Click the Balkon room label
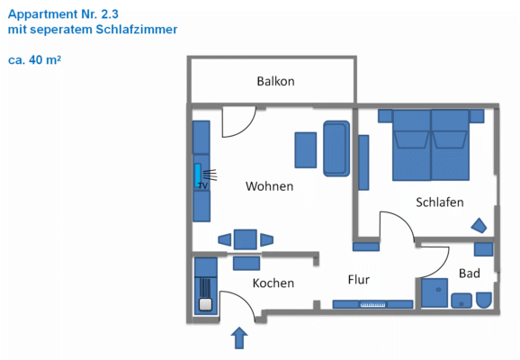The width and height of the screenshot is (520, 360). pyautogui.click(x=275, y=81)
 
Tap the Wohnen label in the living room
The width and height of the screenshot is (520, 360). pyautogui.click(x=270, y=186)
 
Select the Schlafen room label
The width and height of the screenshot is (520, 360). pyautogui.click(x=440, y=202)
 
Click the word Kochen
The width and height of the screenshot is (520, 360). pyautogui.click(x=273, y=283)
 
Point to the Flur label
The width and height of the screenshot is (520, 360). pyautogui.click(x=359, y=279)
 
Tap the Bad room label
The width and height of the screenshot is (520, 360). pyautogui.click(x=469, y=273)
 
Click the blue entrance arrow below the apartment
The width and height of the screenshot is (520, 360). pyautogui.click(x=239, y=337)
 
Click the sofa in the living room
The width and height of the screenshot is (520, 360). pyautogui.click(x=336, y=148)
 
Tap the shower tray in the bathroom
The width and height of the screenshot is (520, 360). pyautogui.click(x=435, y=293)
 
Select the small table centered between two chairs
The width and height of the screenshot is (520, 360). pyautogui.click(x=245, y=239)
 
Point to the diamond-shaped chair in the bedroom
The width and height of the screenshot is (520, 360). pyautogui.click(x=480, y=225)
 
